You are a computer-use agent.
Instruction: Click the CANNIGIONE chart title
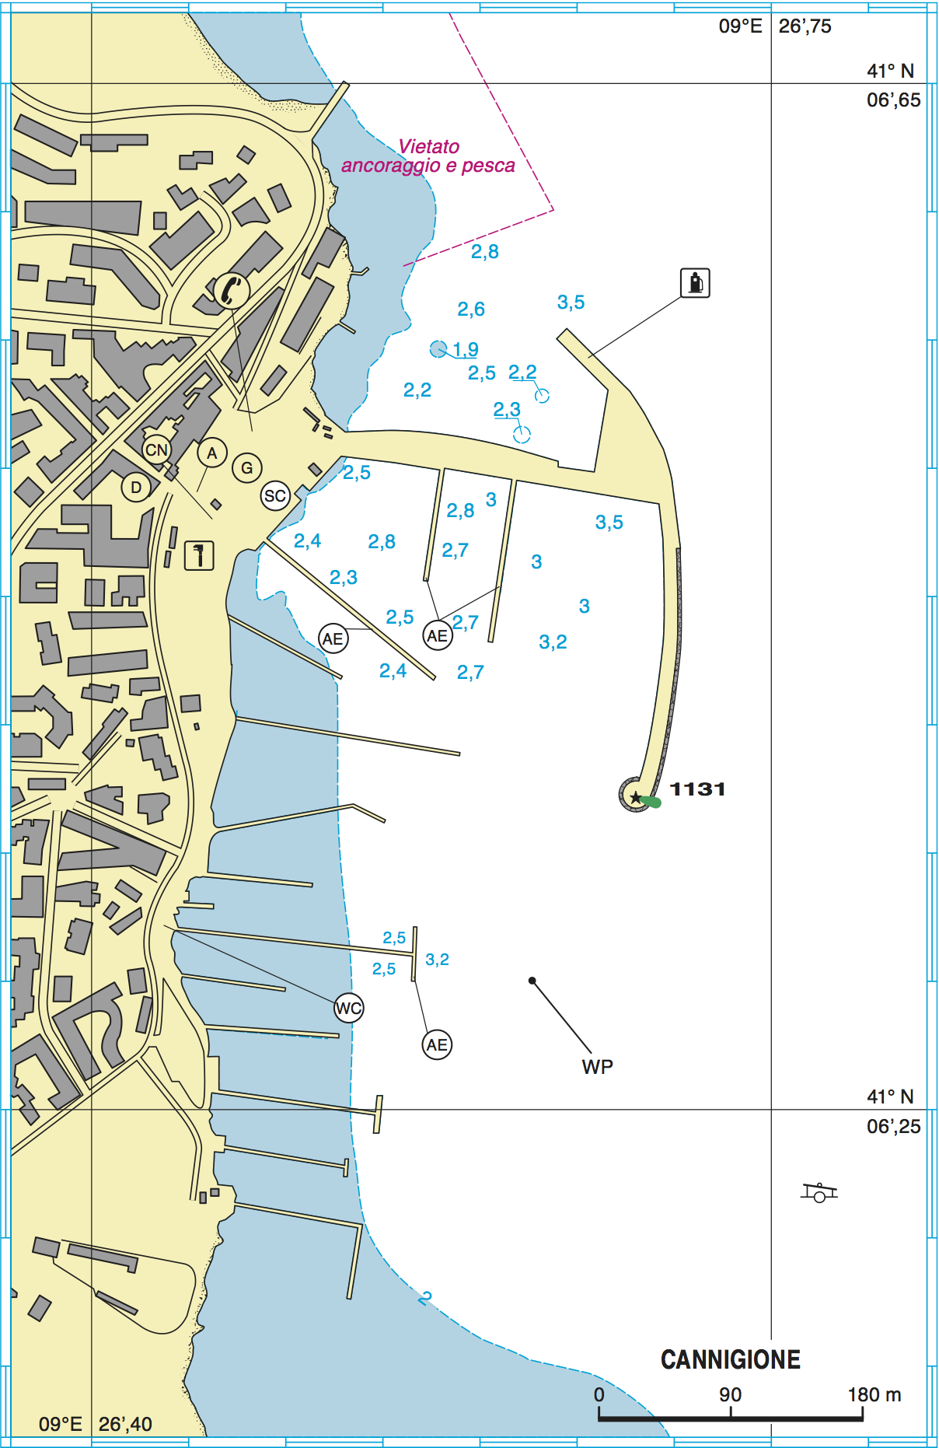(730, 1359)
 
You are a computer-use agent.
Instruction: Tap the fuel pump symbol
(695, 283)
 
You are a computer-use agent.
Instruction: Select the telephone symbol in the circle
(232, 291)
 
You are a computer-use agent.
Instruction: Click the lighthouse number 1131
(697, 789)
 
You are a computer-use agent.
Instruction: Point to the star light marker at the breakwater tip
(636, 797)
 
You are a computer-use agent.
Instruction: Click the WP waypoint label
(597, 1066)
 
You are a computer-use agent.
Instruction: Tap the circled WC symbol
(348, 1009)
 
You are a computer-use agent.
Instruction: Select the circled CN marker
(156, 449)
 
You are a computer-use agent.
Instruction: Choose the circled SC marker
(274, 495)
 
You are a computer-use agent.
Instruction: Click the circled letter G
(247, 467)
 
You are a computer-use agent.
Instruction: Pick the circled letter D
(136, 488)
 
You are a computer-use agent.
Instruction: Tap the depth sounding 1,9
(466, 349)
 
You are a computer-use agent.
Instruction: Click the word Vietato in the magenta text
(428, 146)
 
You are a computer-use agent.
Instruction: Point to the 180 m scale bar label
(874, 1394)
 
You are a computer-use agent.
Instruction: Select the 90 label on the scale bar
(730, 1394)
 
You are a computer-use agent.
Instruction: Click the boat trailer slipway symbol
(819, 1192)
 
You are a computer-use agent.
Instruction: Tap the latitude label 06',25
(893, 1126)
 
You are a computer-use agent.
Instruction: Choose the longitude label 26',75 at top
(805, 26)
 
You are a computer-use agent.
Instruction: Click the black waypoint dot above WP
(532, 981)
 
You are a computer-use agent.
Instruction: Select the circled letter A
(211, 453)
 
